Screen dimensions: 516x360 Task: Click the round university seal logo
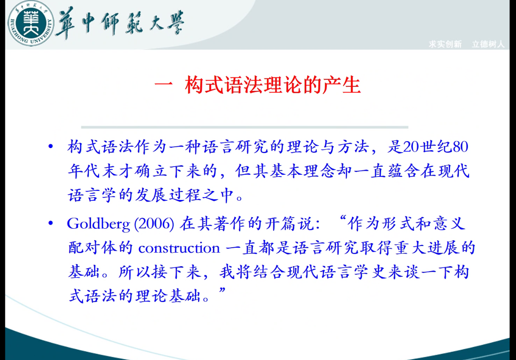coord(31,23)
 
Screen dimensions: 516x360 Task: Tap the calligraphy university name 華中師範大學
coord(120,23)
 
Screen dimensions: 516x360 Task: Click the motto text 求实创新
coord(445,44)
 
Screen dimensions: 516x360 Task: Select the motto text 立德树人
coord(488,44)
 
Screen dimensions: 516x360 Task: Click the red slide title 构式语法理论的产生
coord(273,85)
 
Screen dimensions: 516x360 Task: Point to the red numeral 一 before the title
coord(164,85)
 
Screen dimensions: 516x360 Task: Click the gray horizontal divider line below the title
coord(245,127)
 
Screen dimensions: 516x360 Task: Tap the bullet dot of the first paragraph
coord(51,146)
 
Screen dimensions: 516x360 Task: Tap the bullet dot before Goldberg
coord(51,223)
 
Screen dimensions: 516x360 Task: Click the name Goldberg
coord(99,223)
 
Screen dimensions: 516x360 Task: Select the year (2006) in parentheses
coord(154,223)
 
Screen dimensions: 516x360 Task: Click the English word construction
coord(179,249)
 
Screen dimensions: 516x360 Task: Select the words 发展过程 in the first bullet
coord(168,195)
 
